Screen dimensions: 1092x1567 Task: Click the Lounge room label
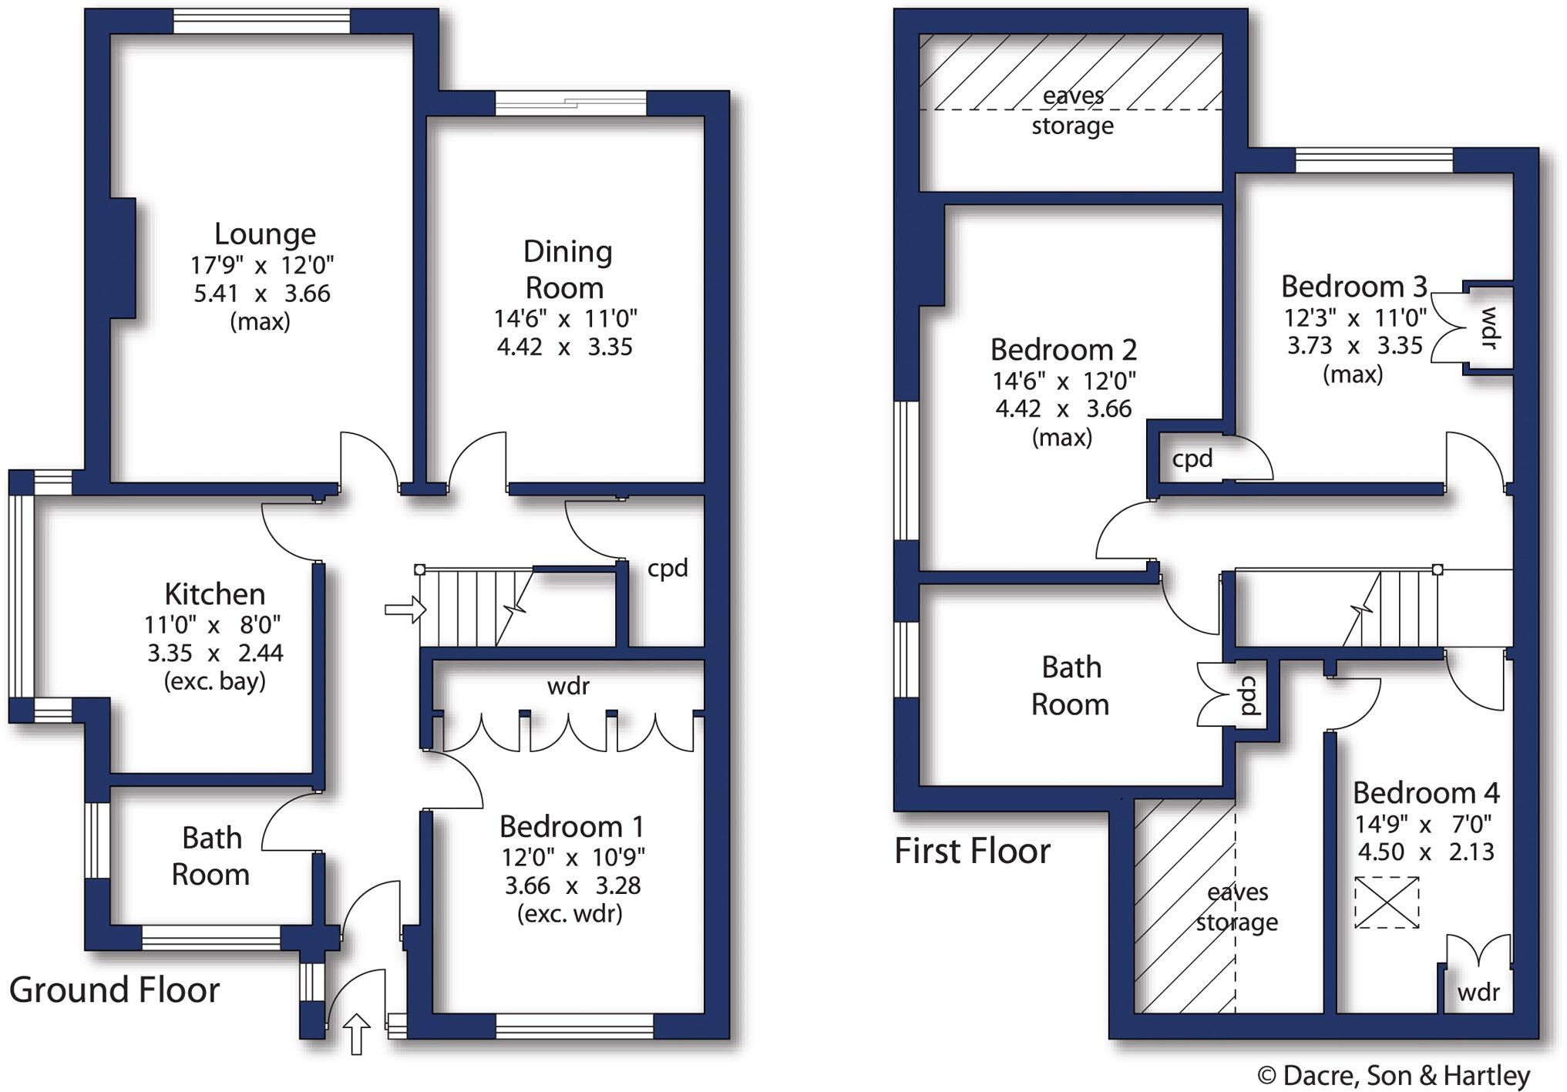[x=264, y=234]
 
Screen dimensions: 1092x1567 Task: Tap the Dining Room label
[x=567, y=270]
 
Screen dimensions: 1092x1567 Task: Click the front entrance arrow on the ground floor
[x=356, y=1033]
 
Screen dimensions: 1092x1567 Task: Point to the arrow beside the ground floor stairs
[x=405, y=610]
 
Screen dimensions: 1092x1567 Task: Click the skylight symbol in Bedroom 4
[x=1387, y=902]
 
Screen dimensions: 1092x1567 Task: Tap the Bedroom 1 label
[x=571, y=827]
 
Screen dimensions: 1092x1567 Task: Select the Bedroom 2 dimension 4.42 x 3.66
[x=1063, y=408]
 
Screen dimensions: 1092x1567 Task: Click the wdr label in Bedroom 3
[x=1489, y=328]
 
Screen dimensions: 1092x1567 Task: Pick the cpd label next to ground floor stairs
[x=667, y=569]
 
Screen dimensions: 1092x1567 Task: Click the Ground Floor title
[x=114, y=990]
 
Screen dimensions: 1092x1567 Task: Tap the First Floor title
[x=972, y=852]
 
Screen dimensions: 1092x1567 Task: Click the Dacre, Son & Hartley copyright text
[x=1393, y=1076]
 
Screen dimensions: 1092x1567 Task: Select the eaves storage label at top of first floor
[x=1072, y=110]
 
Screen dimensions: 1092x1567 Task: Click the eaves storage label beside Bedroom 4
[x=1237, y=907]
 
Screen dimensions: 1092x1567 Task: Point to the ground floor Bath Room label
[x=210, y=856]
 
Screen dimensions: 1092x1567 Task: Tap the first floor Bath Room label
[x=1071, y=686]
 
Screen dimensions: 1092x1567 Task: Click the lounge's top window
[x=261, y=22]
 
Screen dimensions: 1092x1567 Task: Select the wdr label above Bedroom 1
[x=568, y=687]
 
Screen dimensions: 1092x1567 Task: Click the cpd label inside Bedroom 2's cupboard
[x=1192, y=459]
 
